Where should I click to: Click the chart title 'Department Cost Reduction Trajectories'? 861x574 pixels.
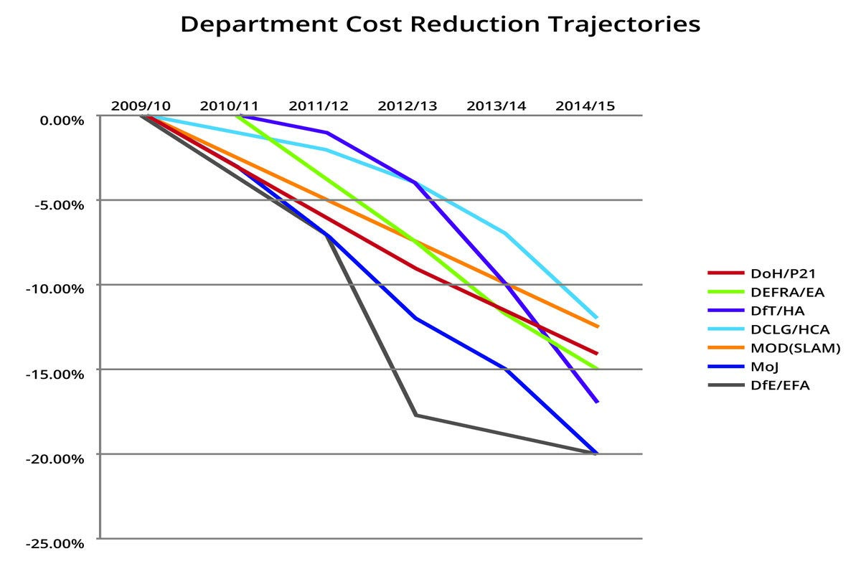click(x=440, y=24)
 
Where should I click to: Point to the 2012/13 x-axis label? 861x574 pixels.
click(x=407, y=105)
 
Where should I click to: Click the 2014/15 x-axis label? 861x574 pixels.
click(x=585, y=105)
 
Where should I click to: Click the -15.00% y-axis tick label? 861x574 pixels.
click(x=55, y=374)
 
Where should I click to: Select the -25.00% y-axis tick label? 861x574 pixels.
click(x=55, y=543)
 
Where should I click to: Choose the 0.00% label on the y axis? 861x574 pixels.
click(x=60, y=120)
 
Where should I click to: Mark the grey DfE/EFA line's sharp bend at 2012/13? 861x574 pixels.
click(x=416, y=415)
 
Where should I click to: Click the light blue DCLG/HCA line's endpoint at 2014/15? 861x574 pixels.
click(x=597, y=318)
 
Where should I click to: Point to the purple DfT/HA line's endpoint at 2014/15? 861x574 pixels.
click(x=597, y=403)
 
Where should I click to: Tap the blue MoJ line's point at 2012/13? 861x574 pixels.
click(x=416, y=318)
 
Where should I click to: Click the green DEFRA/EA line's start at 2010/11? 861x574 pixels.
click(x=237, y=116)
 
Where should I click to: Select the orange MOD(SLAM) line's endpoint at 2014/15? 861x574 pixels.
click(x=597, y=326)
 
